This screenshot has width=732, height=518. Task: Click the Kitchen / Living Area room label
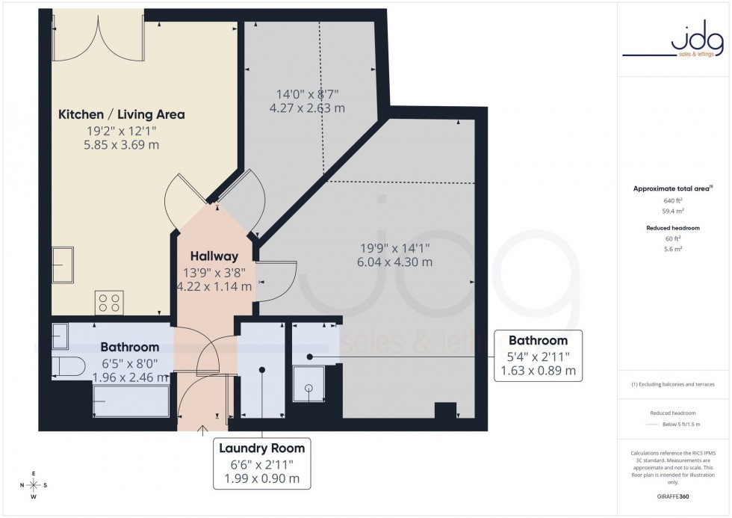[121, 114]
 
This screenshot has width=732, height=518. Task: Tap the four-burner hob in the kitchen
[109, 302]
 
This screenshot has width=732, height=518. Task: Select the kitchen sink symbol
[62, 265]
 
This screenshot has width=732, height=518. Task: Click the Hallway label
[214, 256]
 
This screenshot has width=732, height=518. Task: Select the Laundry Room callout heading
[261, 448]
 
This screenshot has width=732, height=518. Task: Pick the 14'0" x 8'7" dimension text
[308, 94]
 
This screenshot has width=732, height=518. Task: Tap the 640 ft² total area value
[674, 201]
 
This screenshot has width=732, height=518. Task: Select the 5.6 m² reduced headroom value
[674, 248]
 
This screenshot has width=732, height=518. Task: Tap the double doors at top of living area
[97, 37]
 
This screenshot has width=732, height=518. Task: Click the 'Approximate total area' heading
[671, 188]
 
